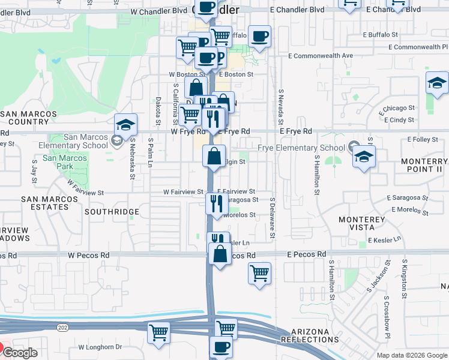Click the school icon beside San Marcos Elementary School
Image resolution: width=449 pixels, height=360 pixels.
pyautogui.click(x=126, y=125)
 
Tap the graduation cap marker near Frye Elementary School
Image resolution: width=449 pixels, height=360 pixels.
pyautogui.click(x=364, y=157)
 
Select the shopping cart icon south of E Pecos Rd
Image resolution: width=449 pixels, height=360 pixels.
pyautogui.click(x=259, y=274)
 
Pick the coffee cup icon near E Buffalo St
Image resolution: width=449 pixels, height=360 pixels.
pyautogui.click(x=259, y=36)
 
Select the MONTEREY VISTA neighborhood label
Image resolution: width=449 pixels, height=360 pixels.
pyautogui.click(x=361, y=224)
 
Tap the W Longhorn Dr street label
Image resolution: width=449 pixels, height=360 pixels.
pyautogui.click(x=100, y=347)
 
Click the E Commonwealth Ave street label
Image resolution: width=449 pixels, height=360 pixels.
pyautogui.click(x=418, y=47)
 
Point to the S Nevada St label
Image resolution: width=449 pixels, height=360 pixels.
pyautogui.click(x=280, y=106)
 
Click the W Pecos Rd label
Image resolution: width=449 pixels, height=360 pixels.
pyautogui.click(x=88, y=254)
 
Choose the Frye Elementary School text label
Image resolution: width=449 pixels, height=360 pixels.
pyautogui.click(x=301, y=148)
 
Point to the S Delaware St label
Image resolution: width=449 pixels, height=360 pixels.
pyautogui.click(x=272, y=217)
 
